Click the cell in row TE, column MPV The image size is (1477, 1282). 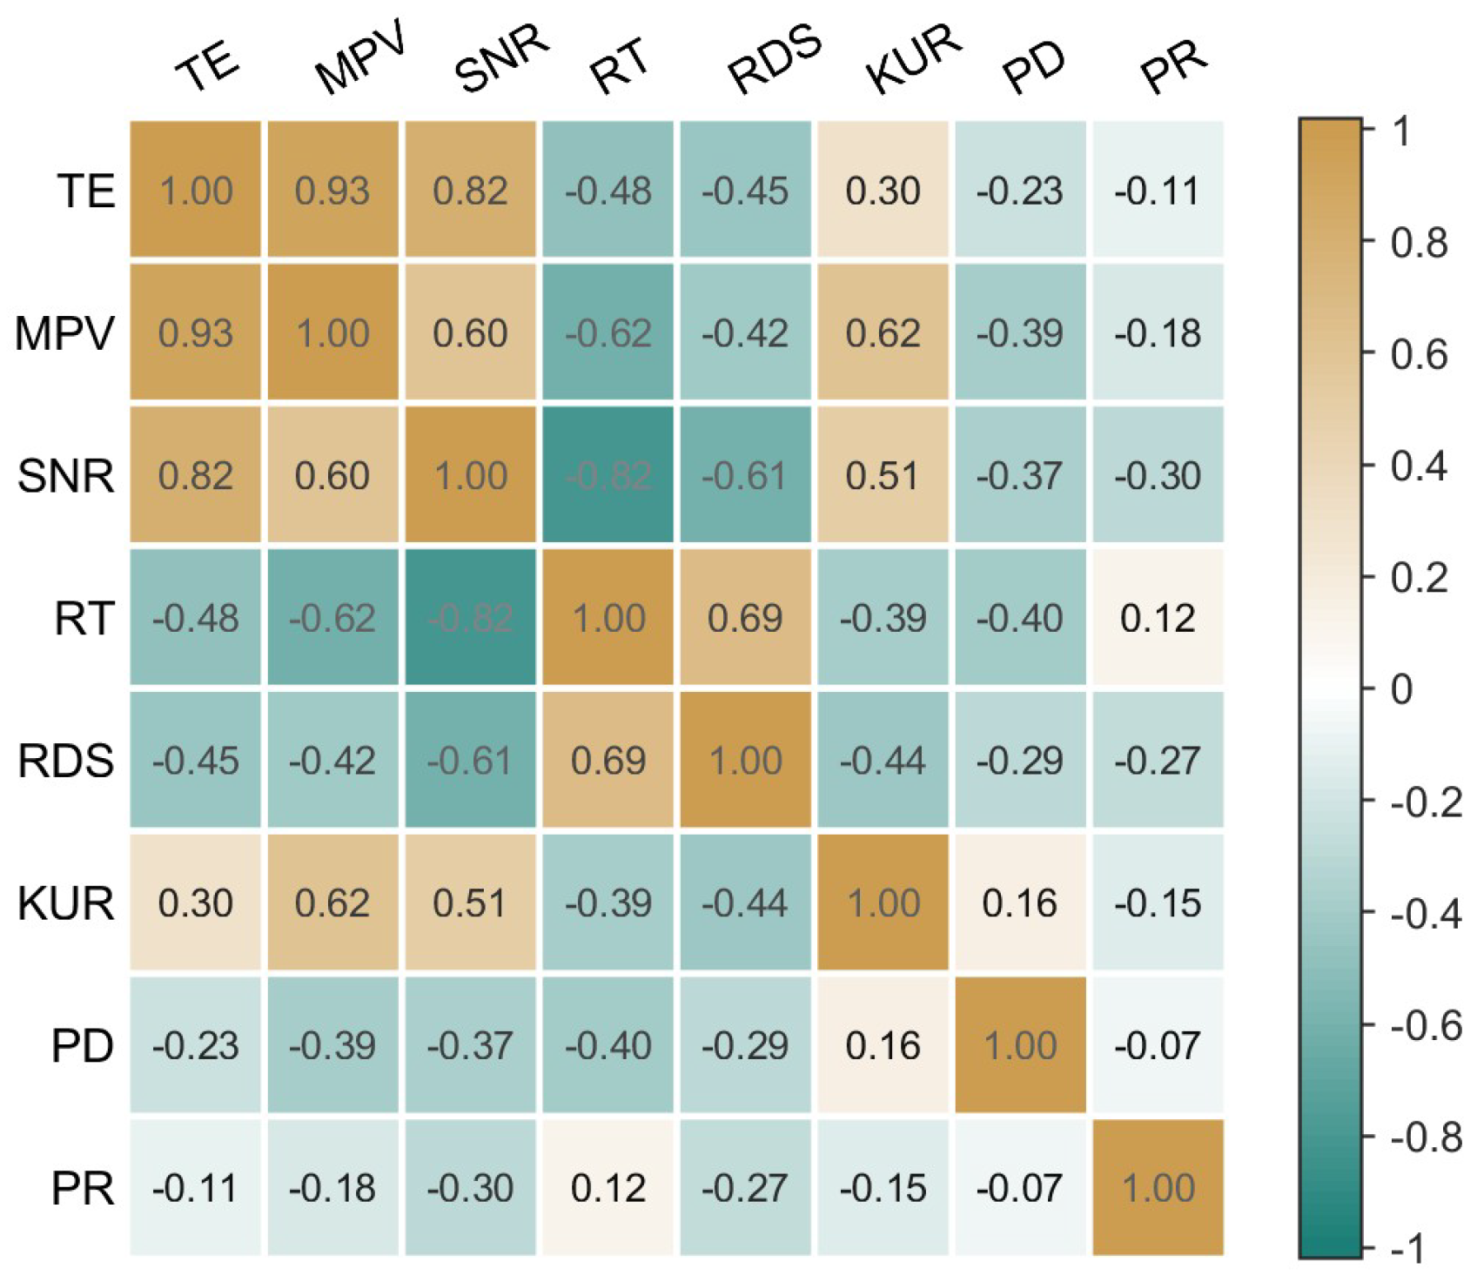(x=332, y=190)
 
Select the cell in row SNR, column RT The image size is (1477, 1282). (x=608, y=475)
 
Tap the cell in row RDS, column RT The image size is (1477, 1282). (x=608, y=760)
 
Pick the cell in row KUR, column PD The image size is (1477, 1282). (x=1020, y=903)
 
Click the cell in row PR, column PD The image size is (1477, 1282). (x=1020, y=1187)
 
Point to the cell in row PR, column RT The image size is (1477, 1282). (x=608, y=1187)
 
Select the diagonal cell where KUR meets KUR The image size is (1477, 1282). (x=883, y=903)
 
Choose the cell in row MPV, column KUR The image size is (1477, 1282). (x=883, y=332)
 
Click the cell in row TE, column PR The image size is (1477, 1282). (x=1158, y=190)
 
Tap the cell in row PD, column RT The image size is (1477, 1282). (x=608, y=1045)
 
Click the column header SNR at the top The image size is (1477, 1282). (x=501, y=59)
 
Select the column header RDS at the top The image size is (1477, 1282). (x=775, y=59)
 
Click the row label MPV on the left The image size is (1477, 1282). (x=65, y=333)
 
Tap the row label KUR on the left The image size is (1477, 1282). (x=66, y=903)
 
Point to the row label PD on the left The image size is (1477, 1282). (x=83, y=1045)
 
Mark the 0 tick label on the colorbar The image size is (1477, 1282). (x=1401, y=689)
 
